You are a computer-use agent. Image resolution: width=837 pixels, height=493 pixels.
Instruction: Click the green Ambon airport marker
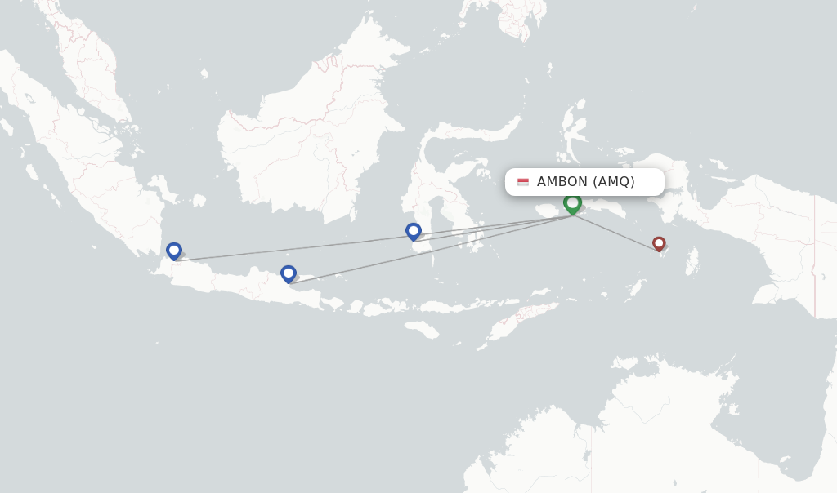(572, 202)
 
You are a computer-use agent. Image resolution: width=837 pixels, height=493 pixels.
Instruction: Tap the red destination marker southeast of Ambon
(659, 243)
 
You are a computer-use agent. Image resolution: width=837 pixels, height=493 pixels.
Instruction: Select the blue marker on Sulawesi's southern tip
(414, 231)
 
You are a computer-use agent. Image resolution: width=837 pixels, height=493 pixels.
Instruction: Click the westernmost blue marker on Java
(173, 251)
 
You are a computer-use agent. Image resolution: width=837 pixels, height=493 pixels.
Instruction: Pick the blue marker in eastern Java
(288, 273)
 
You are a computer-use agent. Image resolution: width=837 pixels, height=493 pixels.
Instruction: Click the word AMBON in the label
(562, 182)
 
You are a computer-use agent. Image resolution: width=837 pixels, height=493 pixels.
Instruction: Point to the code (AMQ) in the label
(614, 182)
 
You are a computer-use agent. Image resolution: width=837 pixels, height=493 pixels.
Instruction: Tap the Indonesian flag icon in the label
(523, 182)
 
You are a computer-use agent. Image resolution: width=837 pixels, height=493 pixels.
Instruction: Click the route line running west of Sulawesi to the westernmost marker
(294, 249)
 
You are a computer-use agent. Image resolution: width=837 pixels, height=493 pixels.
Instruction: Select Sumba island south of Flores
(422, 329)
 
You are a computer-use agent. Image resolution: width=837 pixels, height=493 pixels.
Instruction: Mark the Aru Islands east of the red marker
(692, 261)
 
